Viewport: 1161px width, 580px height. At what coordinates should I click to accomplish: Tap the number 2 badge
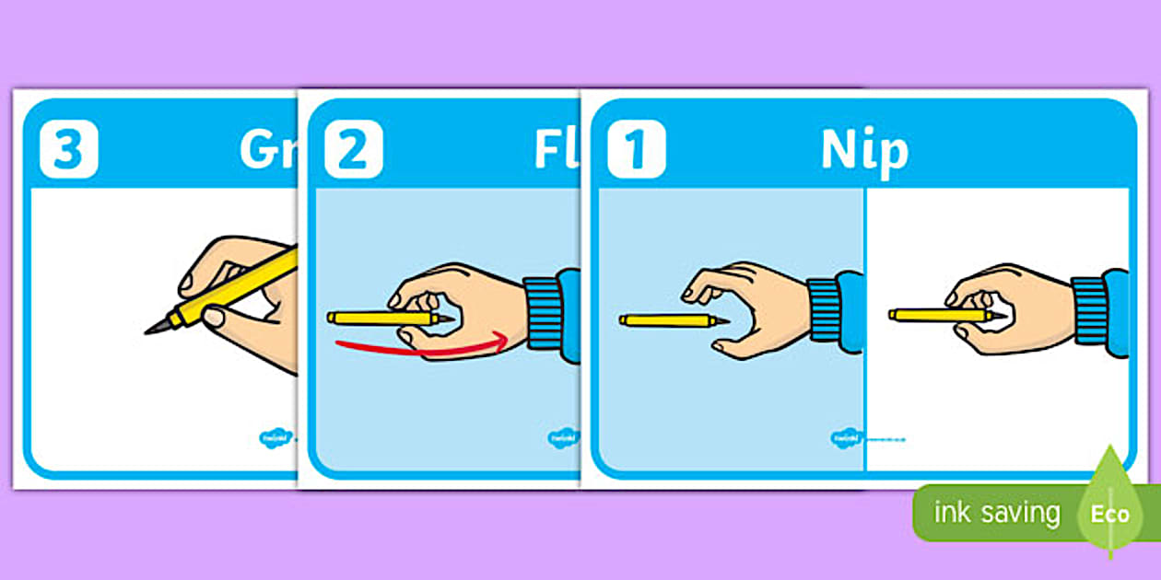353,148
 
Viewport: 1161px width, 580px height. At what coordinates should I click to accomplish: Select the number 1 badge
636,148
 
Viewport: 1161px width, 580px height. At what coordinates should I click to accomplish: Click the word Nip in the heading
864,152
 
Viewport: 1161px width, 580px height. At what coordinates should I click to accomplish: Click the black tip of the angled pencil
154,327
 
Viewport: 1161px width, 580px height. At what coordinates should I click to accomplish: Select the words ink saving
996,513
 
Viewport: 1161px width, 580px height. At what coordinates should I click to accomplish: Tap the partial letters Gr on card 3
267,148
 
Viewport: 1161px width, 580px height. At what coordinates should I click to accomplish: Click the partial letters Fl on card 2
557,150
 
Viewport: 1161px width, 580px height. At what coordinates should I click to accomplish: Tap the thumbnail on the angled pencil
213,318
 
